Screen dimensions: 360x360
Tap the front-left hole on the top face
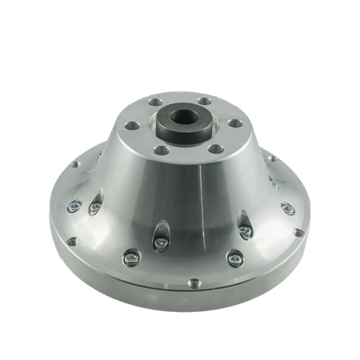tap(162, 148)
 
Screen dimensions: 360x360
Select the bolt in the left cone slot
tap(94, 208)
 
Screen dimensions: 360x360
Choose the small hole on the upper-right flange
tap(274, 158)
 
